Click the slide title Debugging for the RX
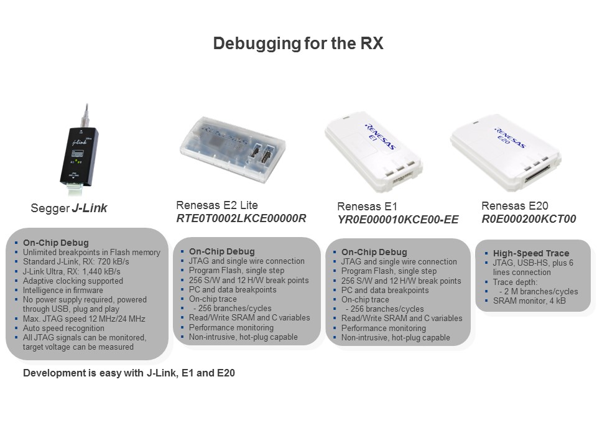[x=298, y=43]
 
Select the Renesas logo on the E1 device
[x=381, y=136]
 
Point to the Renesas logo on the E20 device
[x=510, y=138]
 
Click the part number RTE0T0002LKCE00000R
[x=241, y=218]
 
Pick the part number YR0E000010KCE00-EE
[x=398, y=220]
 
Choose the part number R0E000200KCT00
[x=529, y=219]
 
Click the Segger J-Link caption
[x=69, y=208]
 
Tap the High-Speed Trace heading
[x=531, y=253]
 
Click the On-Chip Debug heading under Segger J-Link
[x=55, y=243]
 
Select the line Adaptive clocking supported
[x=73, y=281]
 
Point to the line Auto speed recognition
[x=63, y=328]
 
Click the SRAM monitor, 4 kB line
[x=529, y=301]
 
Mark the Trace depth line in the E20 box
[x=515, y=282]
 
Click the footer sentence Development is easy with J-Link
[x=129, y=373]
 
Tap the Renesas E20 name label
[x=515, y=206]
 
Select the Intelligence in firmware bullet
[x=63, y=291]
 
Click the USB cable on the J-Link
[x=86, y=116]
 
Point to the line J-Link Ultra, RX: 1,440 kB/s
[x=72, y=271]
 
